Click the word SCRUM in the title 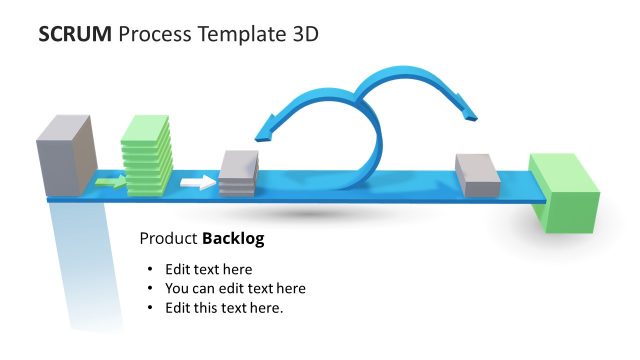pyautogui.click(x=74, y=35)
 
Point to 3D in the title pyautogui.click(x=304, y=35)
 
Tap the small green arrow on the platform pyautogui.click(x=110, y=181)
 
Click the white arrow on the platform pyautogui.click(x=198, y=182)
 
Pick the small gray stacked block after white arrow pyautogui.click(x=238, y=174)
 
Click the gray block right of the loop pyautogui.click(x=477, y=175)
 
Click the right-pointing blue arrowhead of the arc pyautogui.click(x=466, y=111)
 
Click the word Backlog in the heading pyautogui.click(x=233, y=239)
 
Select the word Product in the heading pyautogui.click(x=168, y=239)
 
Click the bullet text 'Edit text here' pyautogui.click(x=208, y=269)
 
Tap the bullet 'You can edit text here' pyautogui.click(x=235, y=288)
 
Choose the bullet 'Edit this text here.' pyautogui.click(x=224, y=307)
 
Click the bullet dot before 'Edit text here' pyautogui.click(x=150, y=270)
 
